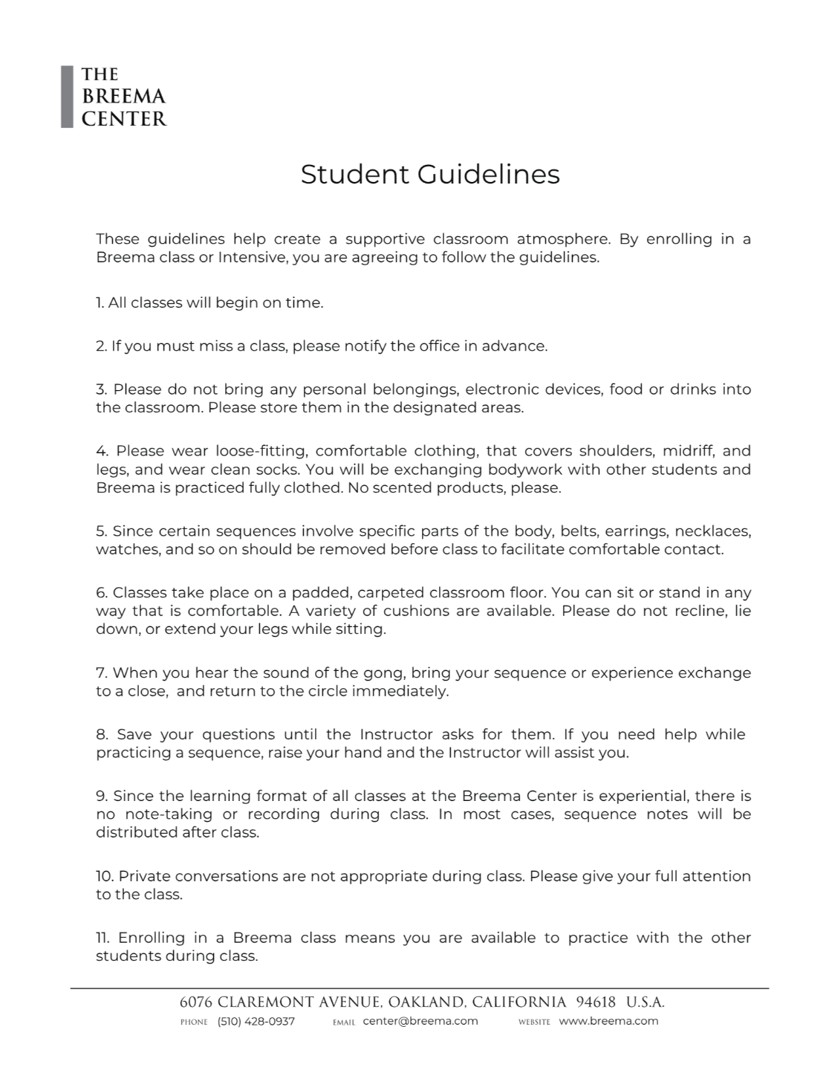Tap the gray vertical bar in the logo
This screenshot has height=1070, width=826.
(67, 97)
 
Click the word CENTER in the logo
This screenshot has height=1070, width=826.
(124, 119)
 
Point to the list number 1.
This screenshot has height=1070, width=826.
(100, 302)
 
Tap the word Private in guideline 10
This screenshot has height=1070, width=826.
(144, 876)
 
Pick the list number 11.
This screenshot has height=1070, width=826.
(103, 938)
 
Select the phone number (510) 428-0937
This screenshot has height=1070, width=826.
(256, 1021)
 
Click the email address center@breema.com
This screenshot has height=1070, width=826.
(420, 1021)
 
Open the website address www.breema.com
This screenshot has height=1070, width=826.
(608, 1021)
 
